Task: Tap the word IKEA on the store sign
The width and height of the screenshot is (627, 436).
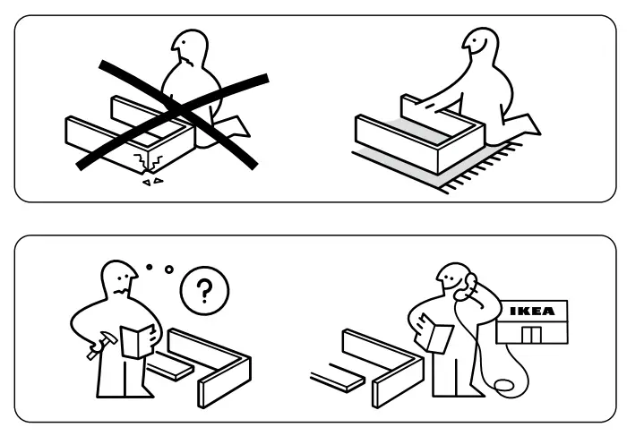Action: (532, 312)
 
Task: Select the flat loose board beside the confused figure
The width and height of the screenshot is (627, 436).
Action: (170, 367)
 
